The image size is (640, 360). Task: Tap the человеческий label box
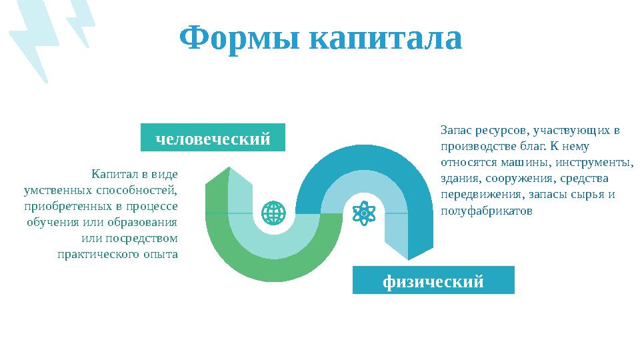pyautogui.click(x=213, y=138)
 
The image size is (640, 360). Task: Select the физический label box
pyautogui.click(x=433, y=281)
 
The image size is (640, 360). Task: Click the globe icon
pyautogui.click(x=273, y=213)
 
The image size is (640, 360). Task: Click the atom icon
pyautogui.click(x=364, y=213)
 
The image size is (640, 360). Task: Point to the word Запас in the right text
pyautogui.click(x=457, y=130)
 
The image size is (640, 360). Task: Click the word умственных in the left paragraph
pyautogui.click(x=55, y=190)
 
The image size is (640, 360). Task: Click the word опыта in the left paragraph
pyautogui.click(x=161, y=254)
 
